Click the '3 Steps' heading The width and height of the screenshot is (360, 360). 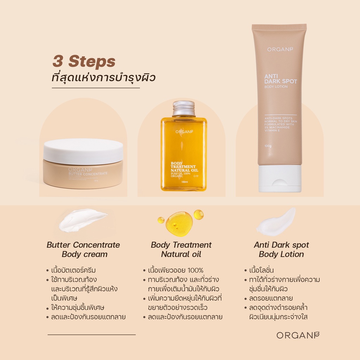[84, 61]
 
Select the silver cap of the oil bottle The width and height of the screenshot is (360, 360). [184, 108]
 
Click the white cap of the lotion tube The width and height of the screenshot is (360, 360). [280, 178]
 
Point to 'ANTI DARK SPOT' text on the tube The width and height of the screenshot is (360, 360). [281, 78]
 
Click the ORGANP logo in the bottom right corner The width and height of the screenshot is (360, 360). [298, 335]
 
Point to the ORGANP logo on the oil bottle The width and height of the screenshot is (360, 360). [184, 132]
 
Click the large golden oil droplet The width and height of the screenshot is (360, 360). [179, 223]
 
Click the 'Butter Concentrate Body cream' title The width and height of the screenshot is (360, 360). [83, 250]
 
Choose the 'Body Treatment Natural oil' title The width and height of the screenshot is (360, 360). [181, 250]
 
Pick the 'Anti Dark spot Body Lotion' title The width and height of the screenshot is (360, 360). [281, 250]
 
